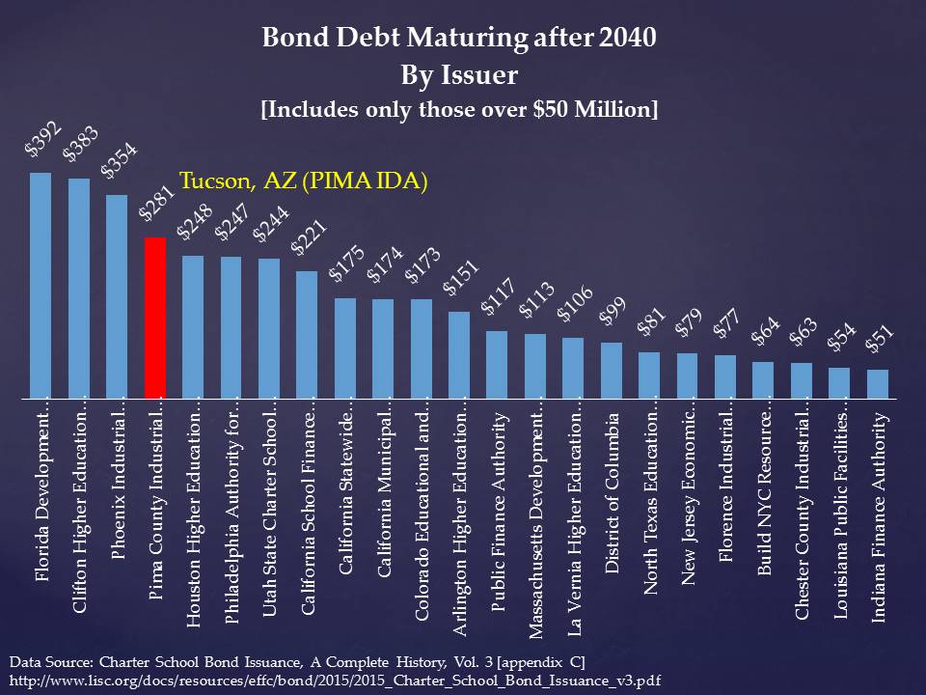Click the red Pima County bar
coord(154,318)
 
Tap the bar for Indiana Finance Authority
coord(877,383)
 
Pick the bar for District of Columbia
coord(611,370)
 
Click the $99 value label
coord(612,315)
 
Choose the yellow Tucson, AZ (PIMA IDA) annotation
coord(304,181)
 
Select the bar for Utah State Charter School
coord(269,328)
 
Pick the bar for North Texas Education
coord(649,375)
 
